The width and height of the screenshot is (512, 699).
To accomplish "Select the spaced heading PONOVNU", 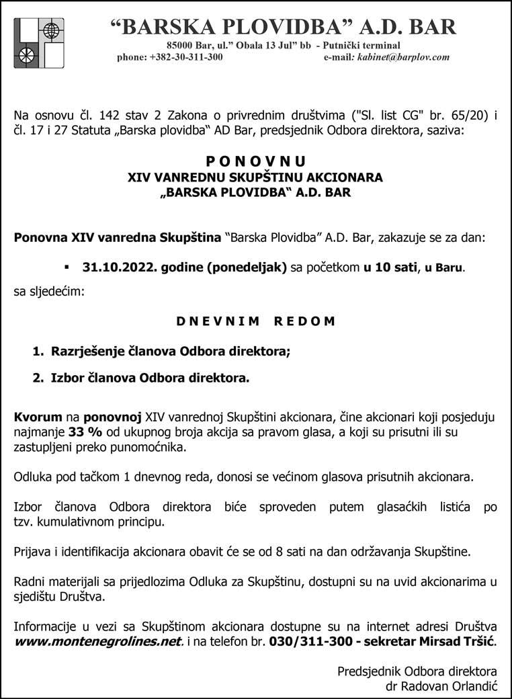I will (x=255, y=161).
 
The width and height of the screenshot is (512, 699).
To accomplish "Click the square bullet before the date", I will (x=67, y=266).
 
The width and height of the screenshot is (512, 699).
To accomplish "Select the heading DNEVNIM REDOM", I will (x=255, y=321).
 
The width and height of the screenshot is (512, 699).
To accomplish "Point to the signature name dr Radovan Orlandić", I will (x=441, y=686).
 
